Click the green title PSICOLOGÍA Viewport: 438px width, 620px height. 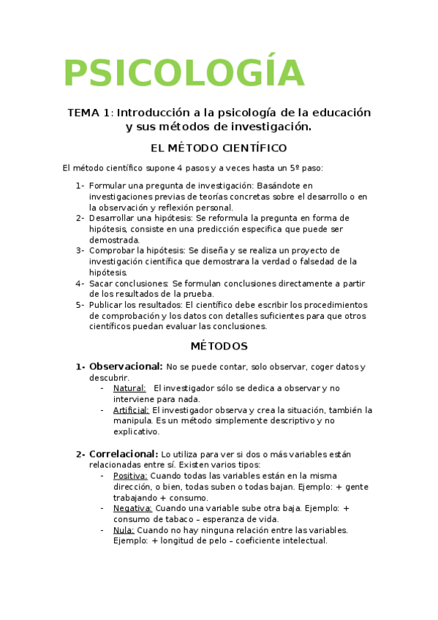(184, 72)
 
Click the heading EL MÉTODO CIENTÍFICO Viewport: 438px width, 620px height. (218, 148)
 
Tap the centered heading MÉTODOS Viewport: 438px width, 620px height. (219, 346)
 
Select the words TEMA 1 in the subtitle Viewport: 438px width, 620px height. (90, 113)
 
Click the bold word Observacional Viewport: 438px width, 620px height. (126, 366)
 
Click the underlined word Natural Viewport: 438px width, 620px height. (129, 388)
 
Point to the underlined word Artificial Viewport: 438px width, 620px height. (131, 410)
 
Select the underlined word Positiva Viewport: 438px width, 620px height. (131, 475)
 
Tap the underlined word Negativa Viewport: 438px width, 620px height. (132, 508)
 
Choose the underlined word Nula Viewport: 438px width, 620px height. (123, 530)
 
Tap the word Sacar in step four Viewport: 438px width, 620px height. (102, 283)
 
